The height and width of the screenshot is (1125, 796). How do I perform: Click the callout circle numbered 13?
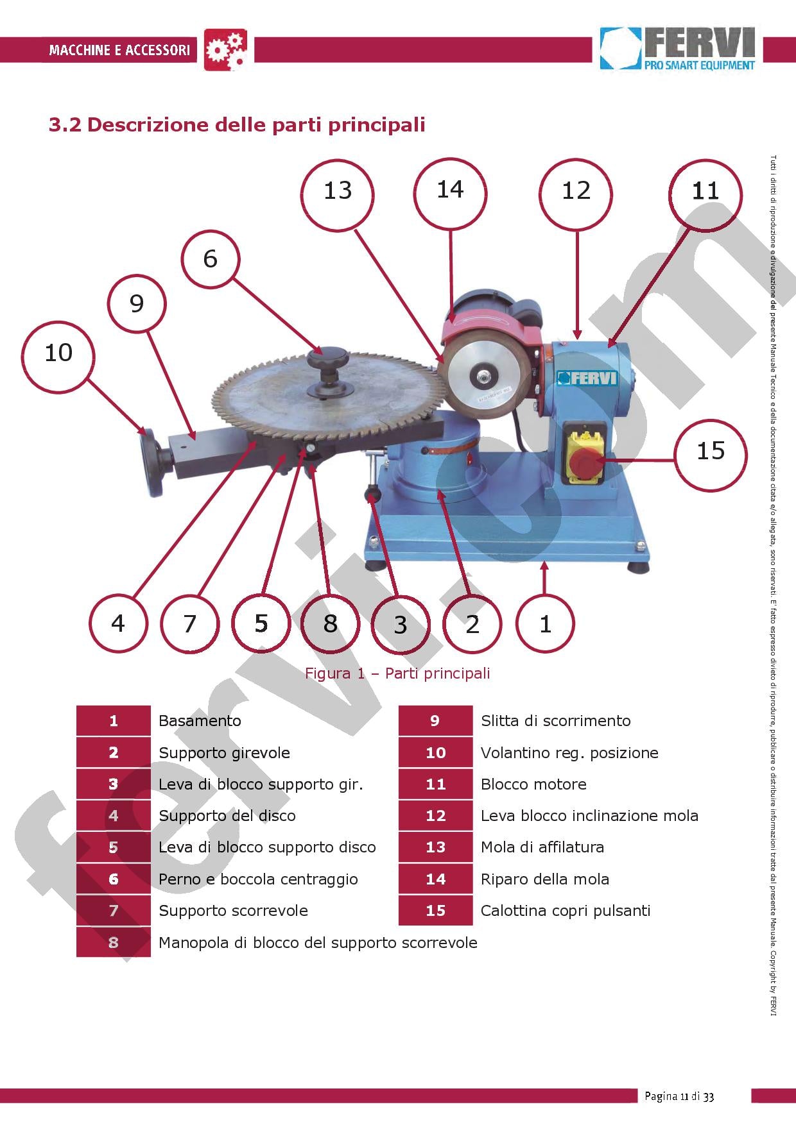coord(338,191)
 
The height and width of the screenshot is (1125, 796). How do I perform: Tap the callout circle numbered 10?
coord(58,353)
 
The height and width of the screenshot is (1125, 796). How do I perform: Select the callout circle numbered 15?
coord(711,451)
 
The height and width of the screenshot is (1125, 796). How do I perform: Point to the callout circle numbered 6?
coord(210,259)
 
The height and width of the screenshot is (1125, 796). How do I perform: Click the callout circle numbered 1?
coord(545,623)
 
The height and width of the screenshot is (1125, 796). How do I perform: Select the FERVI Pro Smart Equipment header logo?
coord(677,49)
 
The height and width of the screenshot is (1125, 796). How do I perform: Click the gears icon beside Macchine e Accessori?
coord(225,50)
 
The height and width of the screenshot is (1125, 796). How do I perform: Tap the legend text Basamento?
coord(200,721)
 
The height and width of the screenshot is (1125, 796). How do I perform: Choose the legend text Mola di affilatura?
coord(542,847)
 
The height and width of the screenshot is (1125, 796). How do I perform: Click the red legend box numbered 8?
coord(114,942)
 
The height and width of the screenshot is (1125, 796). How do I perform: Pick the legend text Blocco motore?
coord(533,784)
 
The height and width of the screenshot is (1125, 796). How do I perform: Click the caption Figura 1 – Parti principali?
coord(397,673)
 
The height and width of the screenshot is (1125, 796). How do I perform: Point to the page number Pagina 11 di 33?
coord(679,1096)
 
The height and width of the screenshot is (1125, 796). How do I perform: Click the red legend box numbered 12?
coord(435,816)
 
